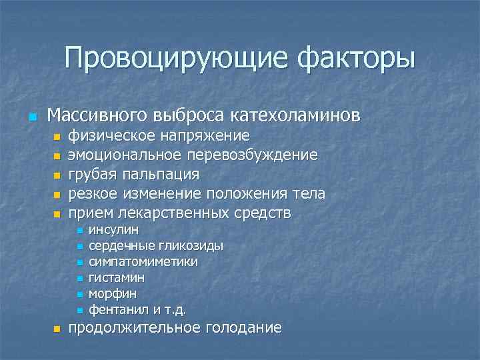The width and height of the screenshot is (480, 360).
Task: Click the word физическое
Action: pos(113,136)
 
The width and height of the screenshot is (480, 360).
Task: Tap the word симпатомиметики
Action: pos(143,262)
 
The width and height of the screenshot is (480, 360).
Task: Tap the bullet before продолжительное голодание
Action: pos(57,329)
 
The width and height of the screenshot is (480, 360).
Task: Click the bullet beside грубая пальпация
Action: pos(57,176)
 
